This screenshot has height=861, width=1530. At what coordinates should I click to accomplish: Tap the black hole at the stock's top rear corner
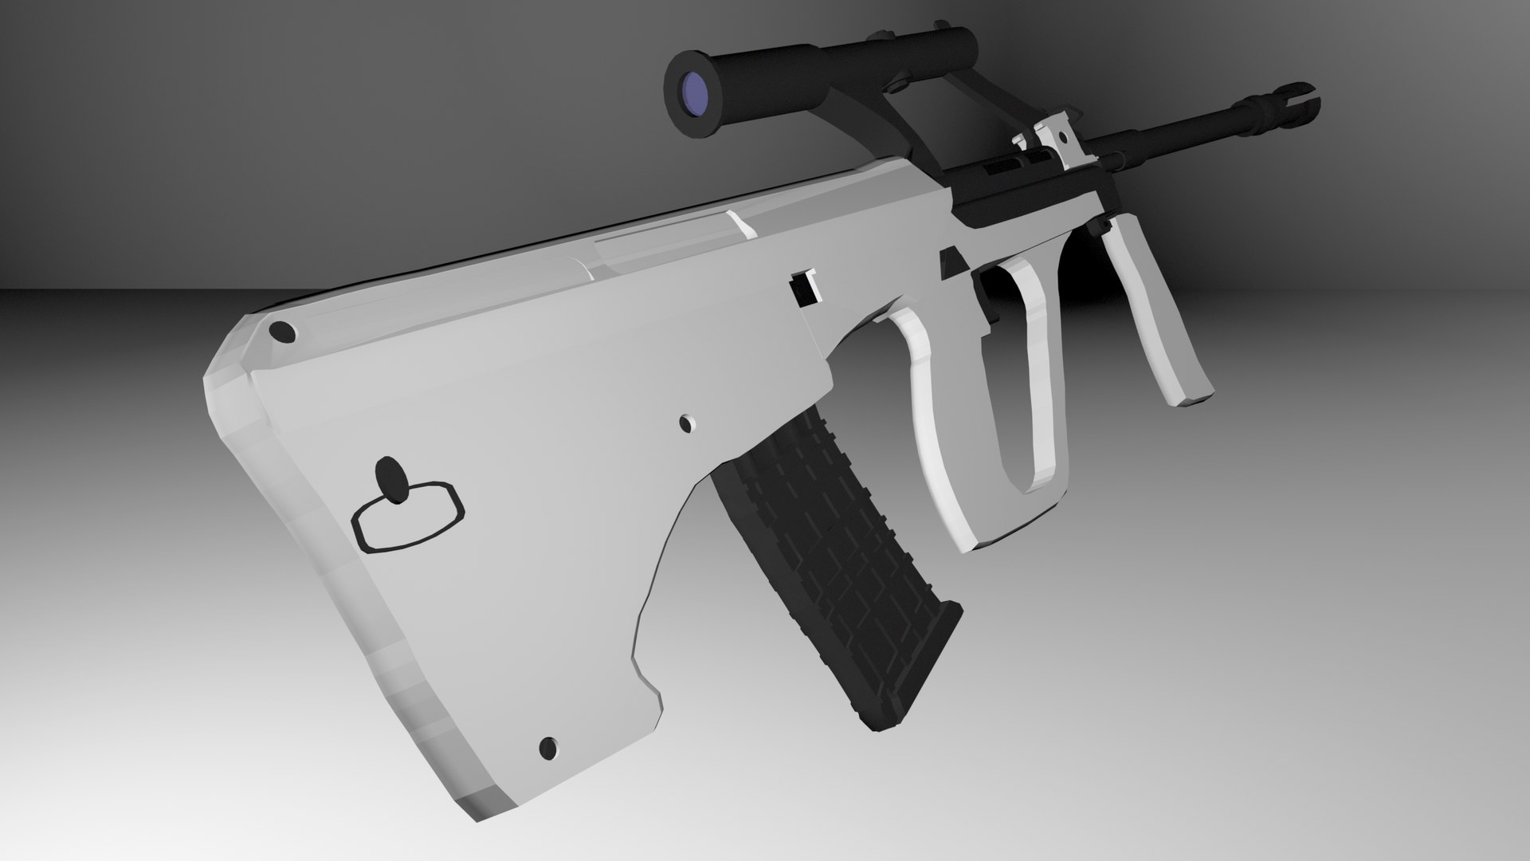click(x=281, y=332)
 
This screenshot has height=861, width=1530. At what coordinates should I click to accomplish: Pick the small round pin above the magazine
click(x=685, y=423)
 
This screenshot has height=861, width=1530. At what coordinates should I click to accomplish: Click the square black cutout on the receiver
click(x=803, y=287)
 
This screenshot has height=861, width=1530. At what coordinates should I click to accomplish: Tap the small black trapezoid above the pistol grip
click(x=951, y=262)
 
